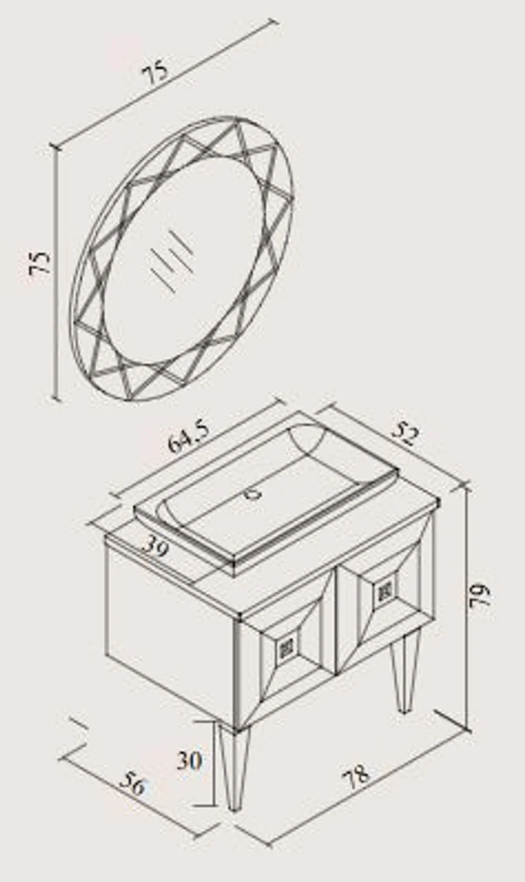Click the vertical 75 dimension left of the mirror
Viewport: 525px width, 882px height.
click(40, 262)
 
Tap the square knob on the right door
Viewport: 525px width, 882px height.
click(384, 591)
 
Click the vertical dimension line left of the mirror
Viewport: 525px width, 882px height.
click(57, 273)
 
